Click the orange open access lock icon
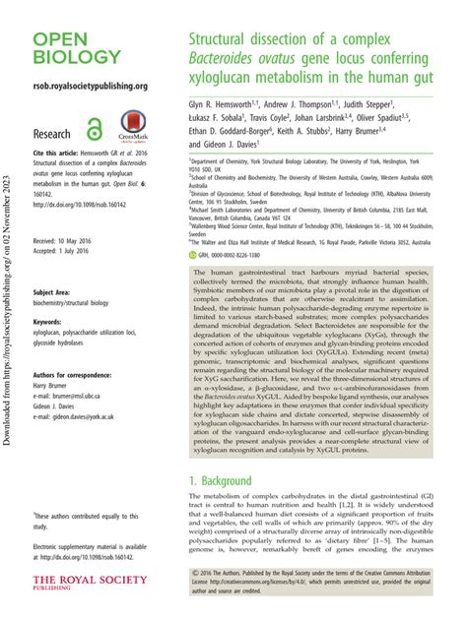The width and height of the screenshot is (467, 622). point(94,128)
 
